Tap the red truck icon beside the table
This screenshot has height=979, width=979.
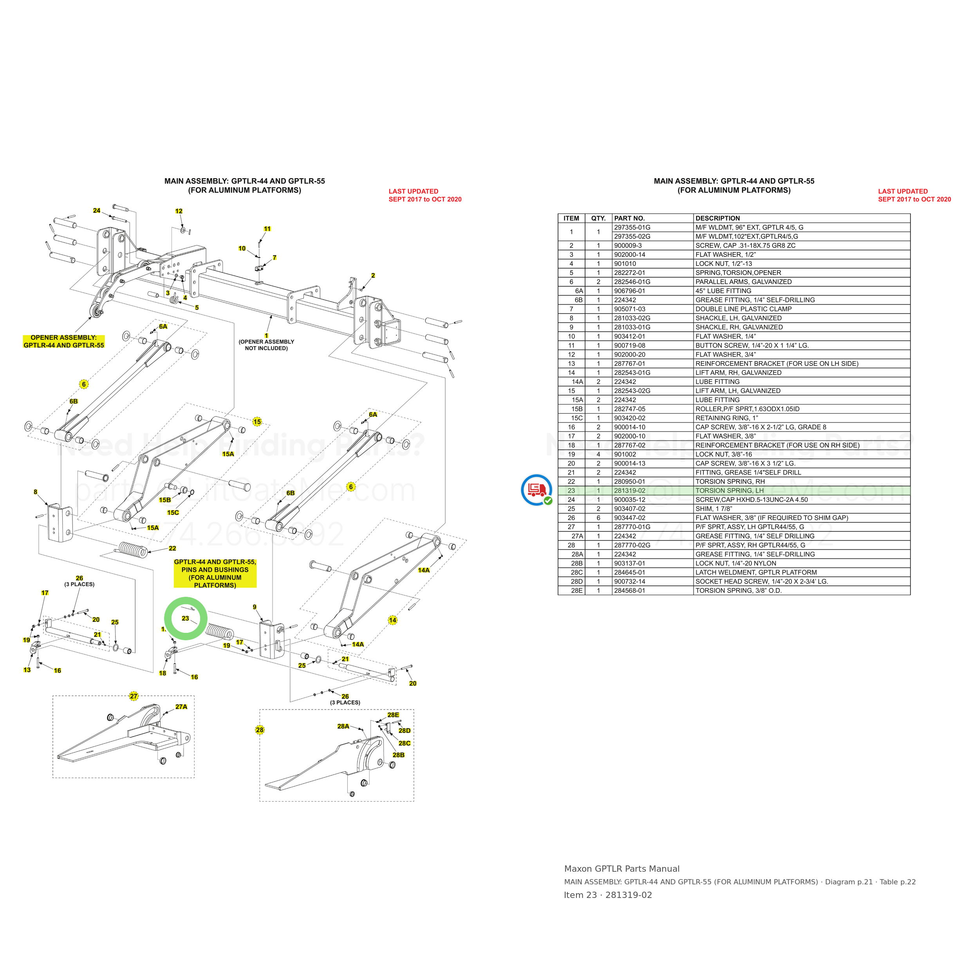536,489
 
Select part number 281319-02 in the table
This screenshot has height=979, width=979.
629,491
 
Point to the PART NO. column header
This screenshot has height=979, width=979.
629,219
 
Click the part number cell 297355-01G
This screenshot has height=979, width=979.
632,228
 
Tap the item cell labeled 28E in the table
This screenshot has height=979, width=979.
577,591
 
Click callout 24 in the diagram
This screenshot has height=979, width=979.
96,210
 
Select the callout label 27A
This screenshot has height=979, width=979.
181,706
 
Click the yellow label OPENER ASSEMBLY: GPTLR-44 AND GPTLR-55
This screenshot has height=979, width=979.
64,341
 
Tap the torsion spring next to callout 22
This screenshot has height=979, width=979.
133,549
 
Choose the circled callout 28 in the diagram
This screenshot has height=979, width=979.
260,730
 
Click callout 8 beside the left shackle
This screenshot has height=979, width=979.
36,491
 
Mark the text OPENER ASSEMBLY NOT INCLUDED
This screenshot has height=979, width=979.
267,345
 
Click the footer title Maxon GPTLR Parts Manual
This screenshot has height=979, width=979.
622,869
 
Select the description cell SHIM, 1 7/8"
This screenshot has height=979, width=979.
714,509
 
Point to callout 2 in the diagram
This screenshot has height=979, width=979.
373,276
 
